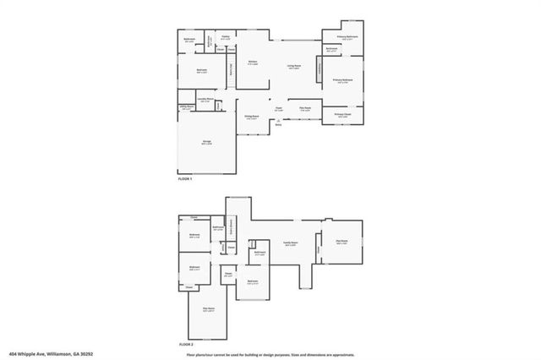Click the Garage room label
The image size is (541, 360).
205,143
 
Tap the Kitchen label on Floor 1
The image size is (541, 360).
252,63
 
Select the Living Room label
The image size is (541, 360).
293,68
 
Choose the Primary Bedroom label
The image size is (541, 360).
343,81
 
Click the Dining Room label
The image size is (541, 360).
251,117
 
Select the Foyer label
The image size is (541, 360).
278,108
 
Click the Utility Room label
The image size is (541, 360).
185,106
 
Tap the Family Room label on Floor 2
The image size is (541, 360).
289,243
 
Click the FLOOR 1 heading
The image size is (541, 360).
185,180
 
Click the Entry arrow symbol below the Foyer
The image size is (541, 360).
278,121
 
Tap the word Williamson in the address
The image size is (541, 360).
60,354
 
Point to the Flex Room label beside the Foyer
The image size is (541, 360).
305,108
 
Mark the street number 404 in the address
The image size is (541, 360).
12,354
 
